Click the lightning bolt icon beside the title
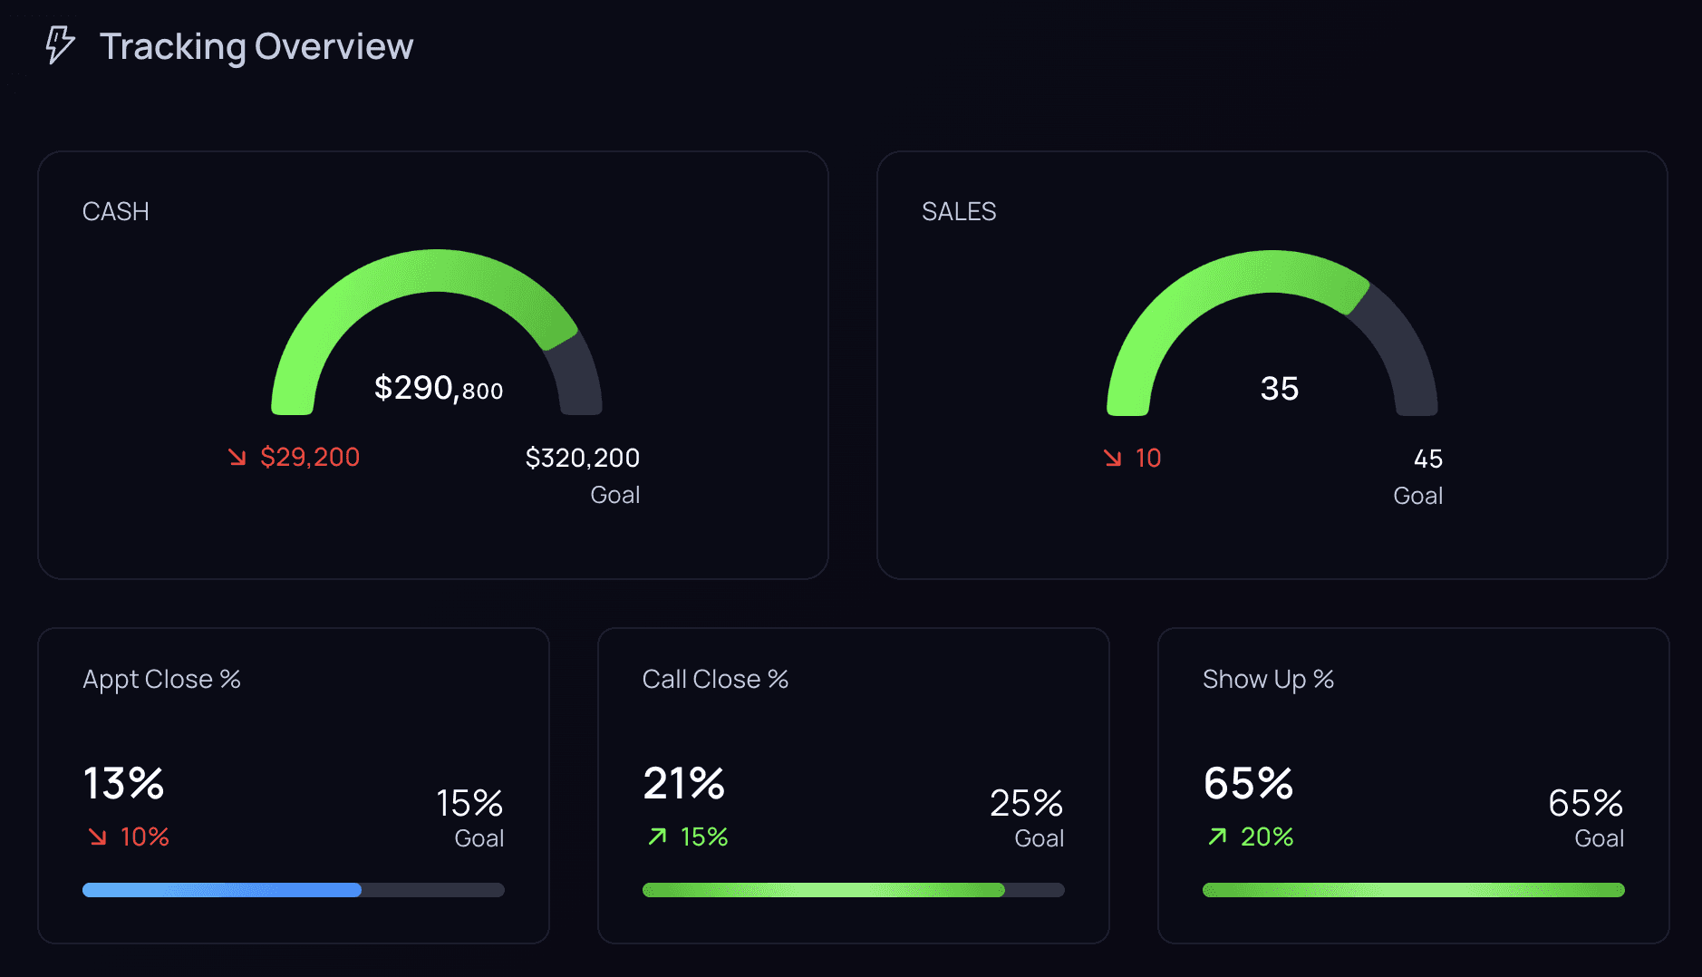(x=60, y=45)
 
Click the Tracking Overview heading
(x=256, y=46)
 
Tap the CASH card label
(x=115, y=211)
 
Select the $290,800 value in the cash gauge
(x=438, y=388)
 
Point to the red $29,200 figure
(x=309, y=457)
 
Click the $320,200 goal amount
(x=582, y=458)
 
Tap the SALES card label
(x=958, y=211)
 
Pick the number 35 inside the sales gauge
(x=1279, y=389)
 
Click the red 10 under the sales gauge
(x=1147, y=458)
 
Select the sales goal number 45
(x=1427, y=459)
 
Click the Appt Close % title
(x=161, y=679)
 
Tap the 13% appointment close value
(x=123, y=783)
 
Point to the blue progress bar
(x=222, y=890)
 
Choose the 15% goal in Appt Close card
(x=469, y=803)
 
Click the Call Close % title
(x=715, y=679)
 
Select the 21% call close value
(x=683, y=783)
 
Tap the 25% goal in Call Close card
(x=1026, y=803)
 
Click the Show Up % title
(x=1267, y=679)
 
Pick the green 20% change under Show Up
(x=1266, y=837)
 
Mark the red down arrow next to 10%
(x=98, y=837)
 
